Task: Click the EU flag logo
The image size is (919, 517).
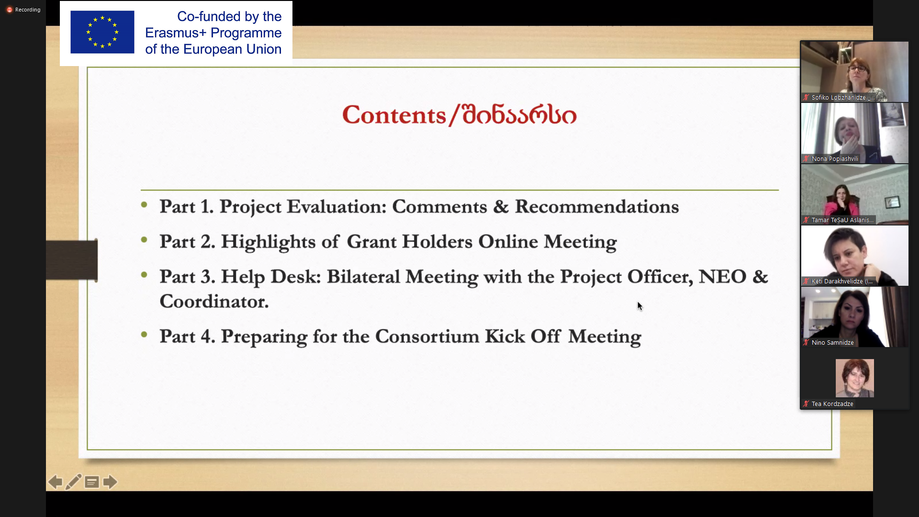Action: (102, 32)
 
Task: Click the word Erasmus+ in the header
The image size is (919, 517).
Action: (176, 33)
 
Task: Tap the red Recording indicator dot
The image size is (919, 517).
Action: (9, 10)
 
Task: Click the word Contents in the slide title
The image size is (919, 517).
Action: (394, 115)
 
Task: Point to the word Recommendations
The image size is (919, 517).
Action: (597, 206)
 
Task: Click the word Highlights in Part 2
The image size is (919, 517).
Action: (268, 242)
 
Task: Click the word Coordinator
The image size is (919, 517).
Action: (214, 302)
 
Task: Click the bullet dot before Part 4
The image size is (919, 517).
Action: (144, 335)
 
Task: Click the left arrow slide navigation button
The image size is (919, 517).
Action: (55, 482)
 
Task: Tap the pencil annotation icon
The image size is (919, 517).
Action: (73, 482)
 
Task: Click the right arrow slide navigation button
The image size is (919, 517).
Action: (110, 482)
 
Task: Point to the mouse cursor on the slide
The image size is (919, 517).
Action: (640, 306)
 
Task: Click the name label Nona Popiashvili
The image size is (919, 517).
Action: (835, 159)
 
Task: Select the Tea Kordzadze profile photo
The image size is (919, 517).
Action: (854, 378)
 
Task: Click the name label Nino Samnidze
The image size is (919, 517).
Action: (832, 343)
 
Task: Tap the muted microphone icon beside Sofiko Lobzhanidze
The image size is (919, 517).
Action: (806, 98)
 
